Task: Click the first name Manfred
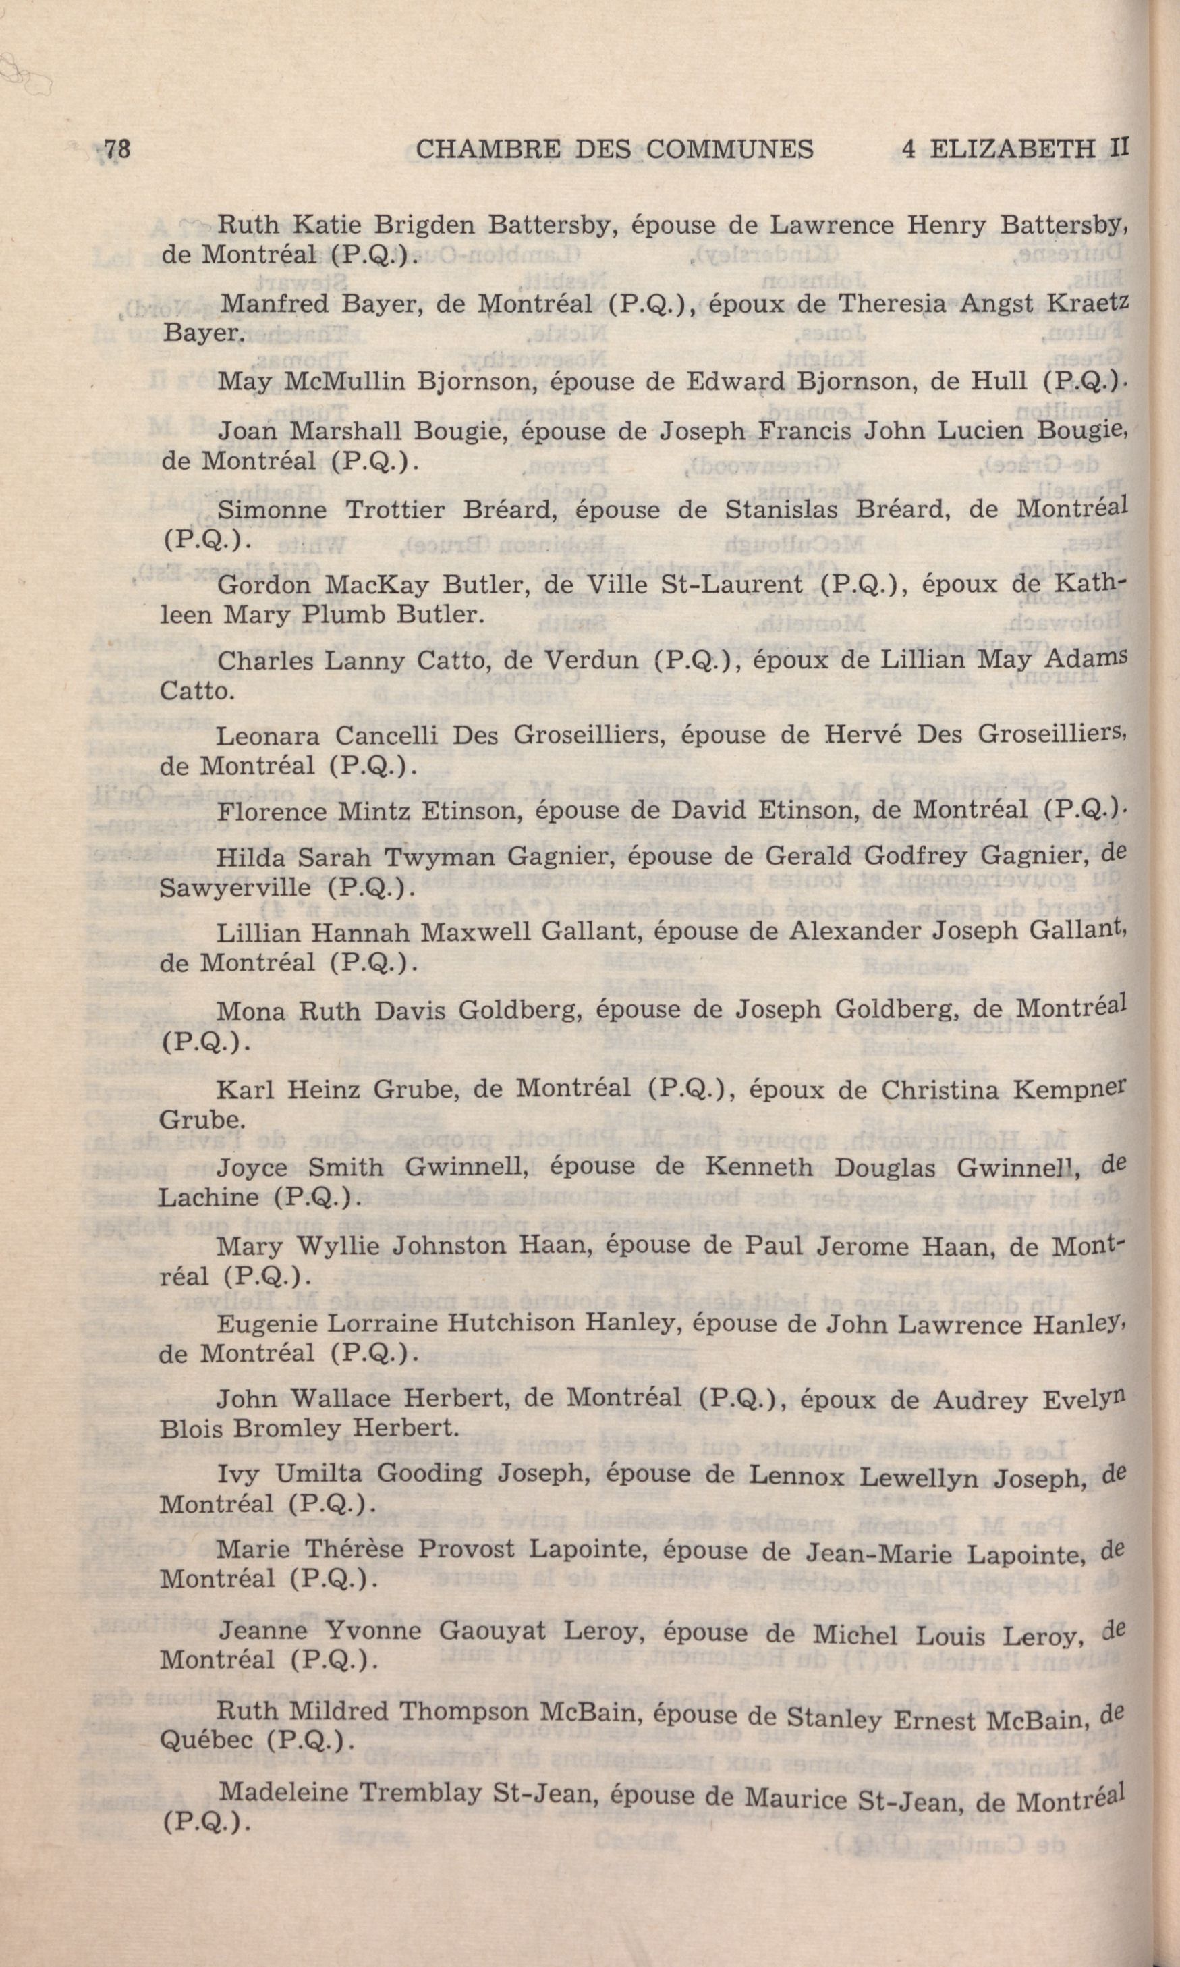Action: tap(266, 303)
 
